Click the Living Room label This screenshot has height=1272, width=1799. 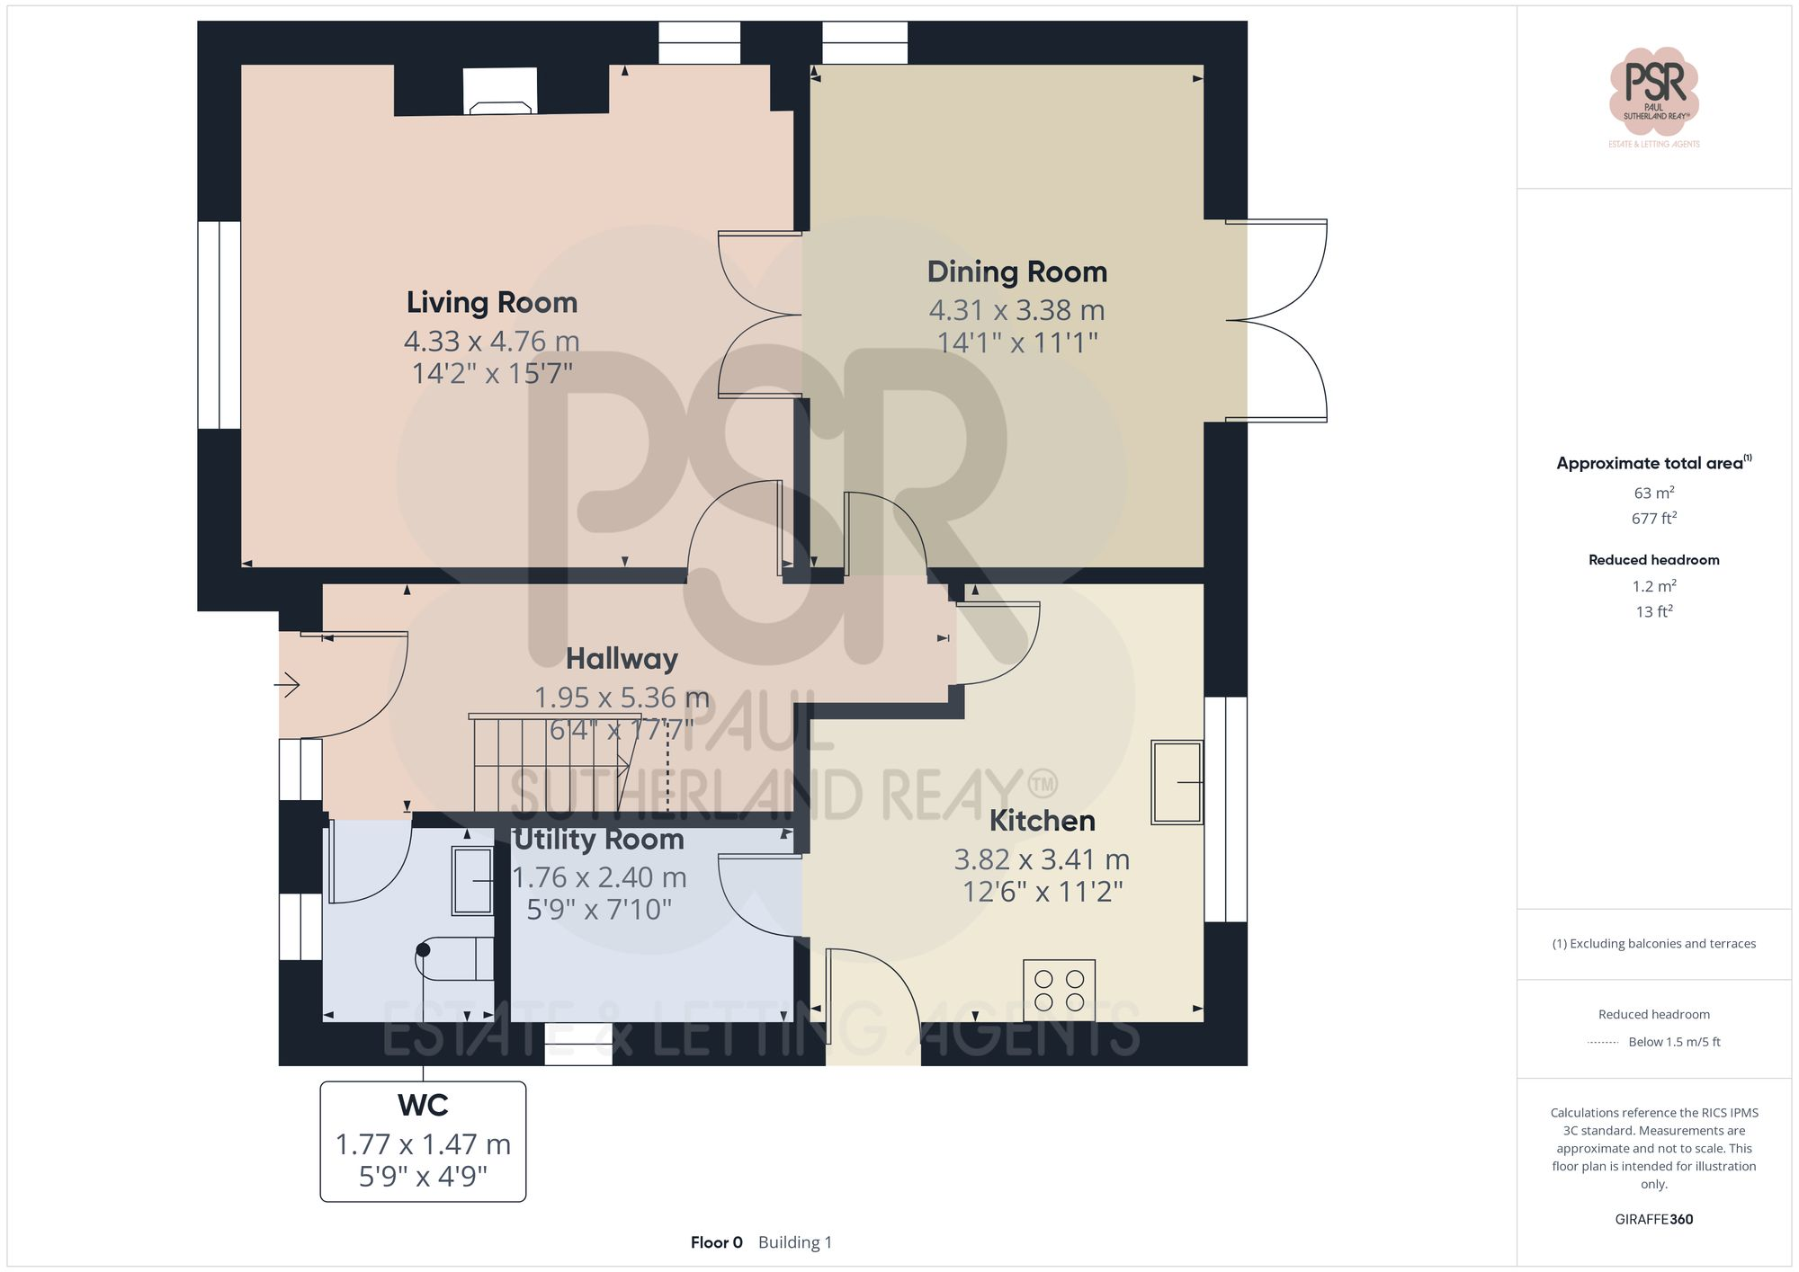[x=491, y=303]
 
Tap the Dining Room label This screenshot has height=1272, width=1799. [x=1016, y=272]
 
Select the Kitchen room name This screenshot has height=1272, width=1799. [x=1042, y=821]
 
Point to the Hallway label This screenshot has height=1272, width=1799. [x=622, y=659]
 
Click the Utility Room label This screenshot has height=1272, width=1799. [x=599, y=840]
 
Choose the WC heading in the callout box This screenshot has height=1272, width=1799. [x=423, y=1105]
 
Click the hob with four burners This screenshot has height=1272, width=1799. [x=1059, y=990]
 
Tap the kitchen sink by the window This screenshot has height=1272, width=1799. [x=1177, y=782]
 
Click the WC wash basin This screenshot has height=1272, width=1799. [x=472, y=881]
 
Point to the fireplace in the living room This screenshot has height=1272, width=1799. [x=500, y=93]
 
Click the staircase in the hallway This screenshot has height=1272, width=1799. [x=558, y=764]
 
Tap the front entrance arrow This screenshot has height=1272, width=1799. [x=287, y=685]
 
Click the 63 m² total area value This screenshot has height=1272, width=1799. [x=1653, y=493]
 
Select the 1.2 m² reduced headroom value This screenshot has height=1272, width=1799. [x=1653, y=586]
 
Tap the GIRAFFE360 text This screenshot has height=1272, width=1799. [x=1653, y=1219]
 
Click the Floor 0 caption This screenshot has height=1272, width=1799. [x=716, y=1242]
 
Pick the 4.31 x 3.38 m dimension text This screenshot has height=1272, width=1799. [x=1016, y=310]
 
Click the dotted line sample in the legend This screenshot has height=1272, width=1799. [x=1603, y=1043]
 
